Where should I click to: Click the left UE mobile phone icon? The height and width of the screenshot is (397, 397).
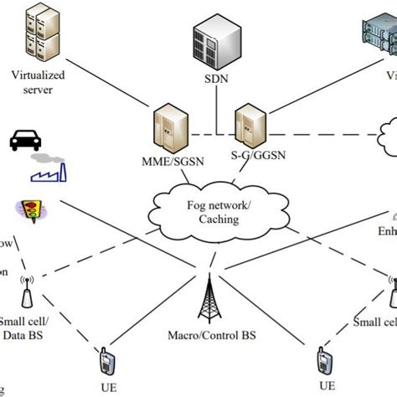(x=106, y=363)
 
